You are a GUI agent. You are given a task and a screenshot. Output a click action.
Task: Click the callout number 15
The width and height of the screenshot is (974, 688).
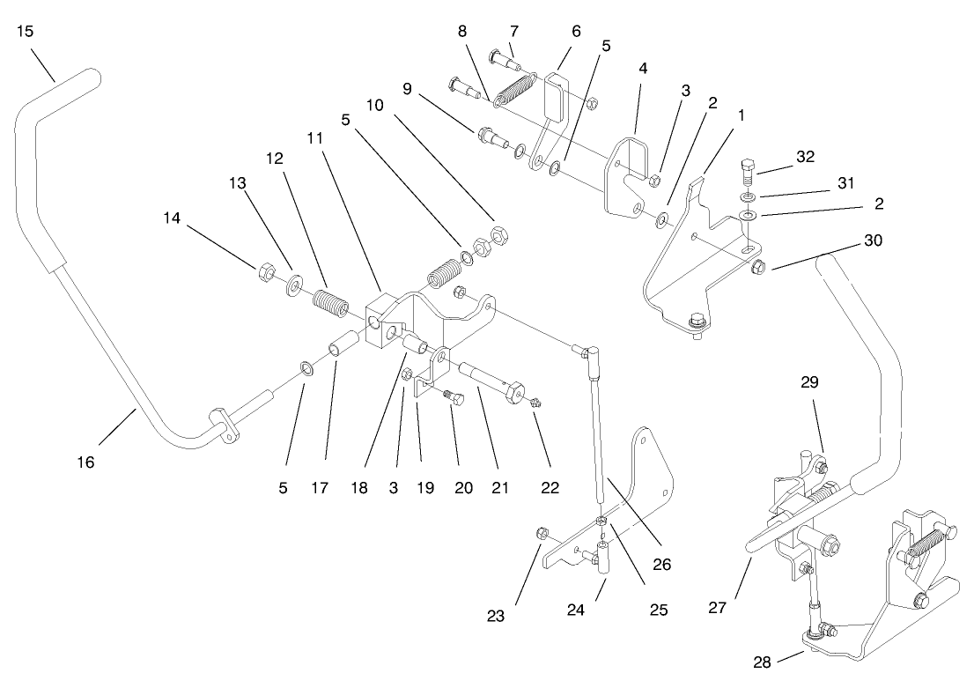pyautogui.click(x=25, y=31)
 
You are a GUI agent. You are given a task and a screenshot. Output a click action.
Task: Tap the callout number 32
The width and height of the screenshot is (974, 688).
pyautogui.click(x=805, y=158)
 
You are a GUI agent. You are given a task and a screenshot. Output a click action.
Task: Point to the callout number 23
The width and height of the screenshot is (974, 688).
pyautogui.click(x=496, y=617)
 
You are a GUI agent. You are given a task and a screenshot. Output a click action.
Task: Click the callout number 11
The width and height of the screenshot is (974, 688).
pyautogui.click(x=315, y=138)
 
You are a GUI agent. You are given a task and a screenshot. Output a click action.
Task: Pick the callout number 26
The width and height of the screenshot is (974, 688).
pyautogui.click(x=661, y=564)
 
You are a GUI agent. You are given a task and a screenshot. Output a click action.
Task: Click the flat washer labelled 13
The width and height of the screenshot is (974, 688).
pyautogui.click(x=292, y=285)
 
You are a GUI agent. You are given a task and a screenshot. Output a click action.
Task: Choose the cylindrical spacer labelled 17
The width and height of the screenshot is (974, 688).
pyautogui.click(x=343, y=343)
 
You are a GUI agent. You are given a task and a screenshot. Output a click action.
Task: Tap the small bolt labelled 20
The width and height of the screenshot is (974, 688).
pyautogui.click(x=454, y=397)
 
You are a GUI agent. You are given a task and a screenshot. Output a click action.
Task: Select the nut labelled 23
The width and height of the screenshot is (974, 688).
pyautogui.click(x=543, y=533)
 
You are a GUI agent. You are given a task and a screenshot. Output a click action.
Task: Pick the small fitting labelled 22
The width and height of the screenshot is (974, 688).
pyautogui.click(x=537, y=403)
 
